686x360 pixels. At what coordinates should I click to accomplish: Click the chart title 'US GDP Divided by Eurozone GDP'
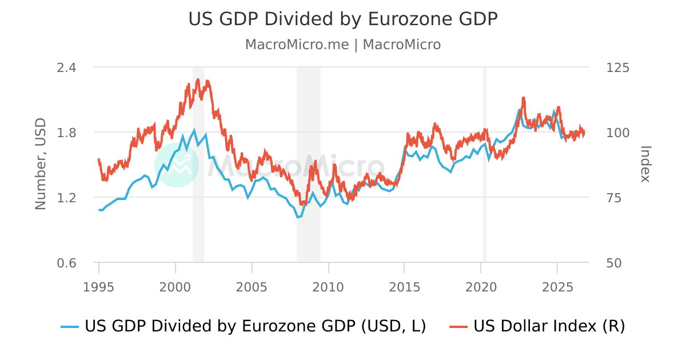343,19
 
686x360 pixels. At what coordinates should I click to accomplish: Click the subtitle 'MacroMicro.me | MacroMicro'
343,45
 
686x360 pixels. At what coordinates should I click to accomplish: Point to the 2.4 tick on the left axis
66,67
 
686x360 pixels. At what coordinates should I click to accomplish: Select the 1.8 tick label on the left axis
66,133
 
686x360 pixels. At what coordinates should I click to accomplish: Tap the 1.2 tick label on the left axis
66,198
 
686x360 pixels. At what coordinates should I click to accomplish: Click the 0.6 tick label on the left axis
66,263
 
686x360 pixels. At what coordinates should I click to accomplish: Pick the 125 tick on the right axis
618,67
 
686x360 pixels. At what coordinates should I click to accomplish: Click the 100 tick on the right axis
618,133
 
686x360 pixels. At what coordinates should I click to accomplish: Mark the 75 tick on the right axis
614,198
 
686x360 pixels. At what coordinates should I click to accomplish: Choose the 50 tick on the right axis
614,263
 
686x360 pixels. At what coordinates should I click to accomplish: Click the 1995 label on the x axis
98,287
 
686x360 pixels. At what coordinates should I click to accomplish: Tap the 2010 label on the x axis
328,287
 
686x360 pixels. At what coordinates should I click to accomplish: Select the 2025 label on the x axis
557,287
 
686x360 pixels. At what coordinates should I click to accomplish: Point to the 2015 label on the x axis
405,287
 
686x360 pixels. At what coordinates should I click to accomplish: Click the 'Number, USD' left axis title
41,164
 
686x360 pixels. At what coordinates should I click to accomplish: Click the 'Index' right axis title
645,164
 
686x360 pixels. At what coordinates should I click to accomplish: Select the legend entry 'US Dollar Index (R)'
537,326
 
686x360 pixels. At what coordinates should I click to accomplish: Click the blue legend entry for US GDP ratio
244,326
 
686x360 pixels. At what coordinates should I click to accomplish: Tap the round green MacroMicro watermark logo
177,165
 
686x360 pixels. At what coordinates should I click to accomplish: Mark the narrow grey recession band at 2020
485,165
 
